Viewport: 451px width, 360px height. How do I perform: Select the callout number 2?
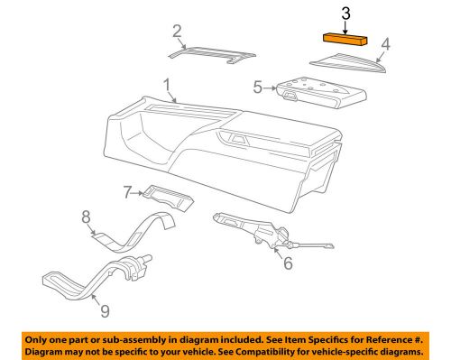[177, 33]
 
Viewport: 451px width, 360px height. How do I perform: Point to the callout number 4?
[385, 42]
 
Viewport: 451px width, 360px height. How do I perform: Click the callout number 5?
[257, 88]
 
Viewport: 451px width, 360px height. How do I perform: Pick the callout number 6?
[288, 263]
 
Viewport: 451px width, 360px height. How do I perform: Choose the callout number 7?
[129, 191]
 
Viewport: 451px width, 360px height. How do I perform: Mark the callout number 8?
[87, 217]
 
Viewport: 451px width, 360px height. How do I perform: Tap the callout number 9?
[105, 311]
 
